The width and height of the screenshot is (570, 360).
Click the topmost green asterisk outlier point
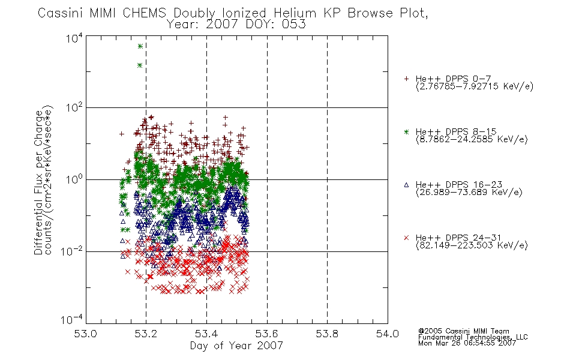pyautogui.click(x=140, y=46)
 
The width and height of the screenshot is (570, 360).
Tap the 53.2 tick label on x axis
pyautogui.click(x=146, y=334)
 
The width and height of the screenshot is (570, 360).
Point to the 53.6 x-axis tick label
pyautogui.click(x=267, y=334)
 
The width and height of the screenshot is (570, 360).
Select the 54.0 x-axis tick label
pyautogui.click(x=388, y=334)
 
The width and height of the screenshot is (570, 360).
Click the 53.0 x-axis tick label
pyautogui.click(x=86, y=334)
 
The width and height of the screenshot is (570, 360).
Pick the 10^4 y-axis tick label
pyautogui.click(x=74, y=38)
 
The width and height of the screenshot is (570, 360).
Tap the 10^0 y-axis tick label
pyautogui.click(x=74, y=179)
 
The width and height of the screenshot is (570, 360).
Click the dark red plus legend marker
pyautogui.click(x=406, y=79)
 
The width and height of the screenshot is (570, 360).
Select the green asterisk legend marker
pyautogui.click(x=406, y=131)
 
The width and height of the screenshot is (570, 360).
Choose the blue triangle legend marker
pyautogui.click(x=406, y=185)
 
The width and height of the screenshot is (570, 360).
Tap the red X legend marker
pyautogui.click(x=406, y=238)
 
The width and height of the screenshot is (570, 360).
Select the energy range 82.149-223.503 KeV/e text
pyautogui.click(x=472, y=245)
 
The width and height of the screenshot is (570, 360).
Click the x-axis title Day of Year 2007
pyautogui.click(x=236, y=346)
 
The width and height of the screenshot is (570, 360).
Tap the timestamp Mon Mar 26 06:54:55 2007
pyautogui.click(x=467, y=343)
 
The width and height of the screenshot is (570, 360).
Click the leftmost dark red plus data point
pyautogui.click(x=122, y=134)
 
